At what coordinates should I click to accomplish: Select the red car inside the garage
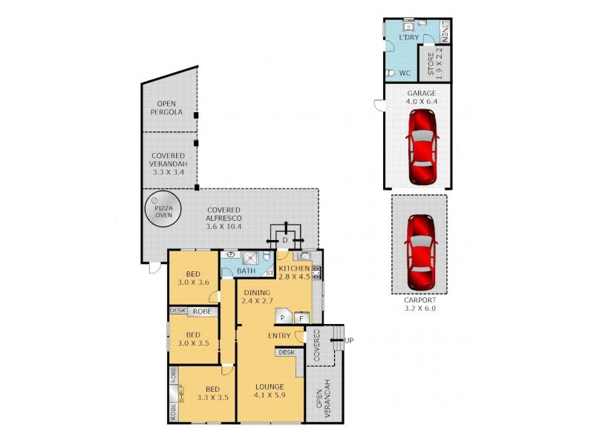(421, 147)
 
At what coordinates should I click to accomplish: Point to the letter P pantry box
(282, 318)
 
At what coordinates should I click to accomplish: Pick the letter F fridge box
(301, 318)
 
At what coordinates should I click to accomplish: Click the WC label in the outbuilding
(405, 73)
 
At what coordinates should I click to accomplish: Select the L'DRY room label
(408, 36)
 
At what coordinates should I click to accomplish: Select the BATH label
(246, 271)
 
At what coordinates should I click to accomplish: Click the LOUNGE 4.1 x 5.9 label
(270, 391)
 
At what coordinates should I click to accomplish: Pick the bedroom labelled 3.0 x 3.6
(193, 277)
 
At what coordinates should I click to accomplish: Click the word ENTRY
(279, 335)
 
